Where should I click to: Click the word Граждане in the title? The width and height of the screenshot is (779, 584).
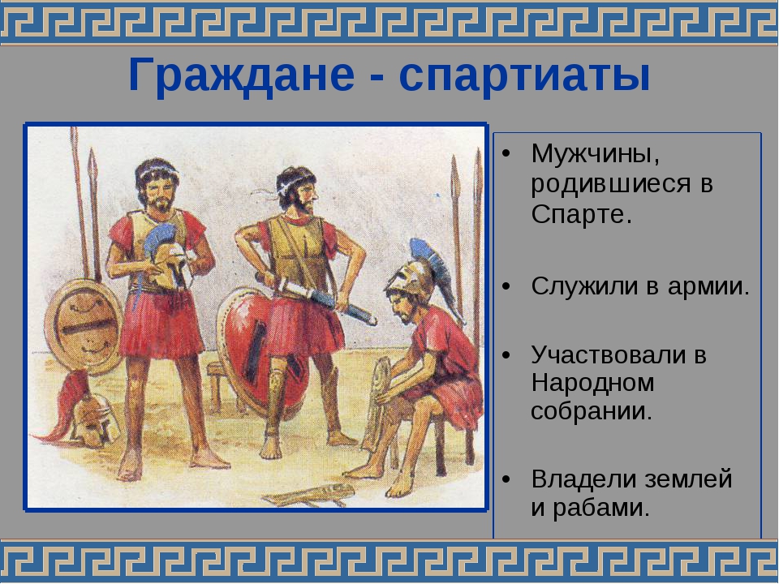coord(241,76)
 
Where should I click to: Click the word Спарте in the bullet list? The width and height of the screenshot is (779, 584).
coord(581,214)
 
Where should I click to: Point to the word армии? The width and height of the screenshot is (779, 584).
coord(708,287)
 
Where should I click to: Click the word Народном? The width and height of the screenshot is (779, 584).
coord(592,382)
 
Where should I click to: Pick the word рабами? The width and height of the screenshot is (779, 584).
coord(601,508)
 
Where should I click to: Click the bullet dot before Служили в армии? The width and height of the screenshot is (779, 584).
coord(506,287)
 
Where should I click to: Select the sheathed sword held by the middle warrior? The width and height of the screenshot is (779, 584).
coord(316,298)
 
